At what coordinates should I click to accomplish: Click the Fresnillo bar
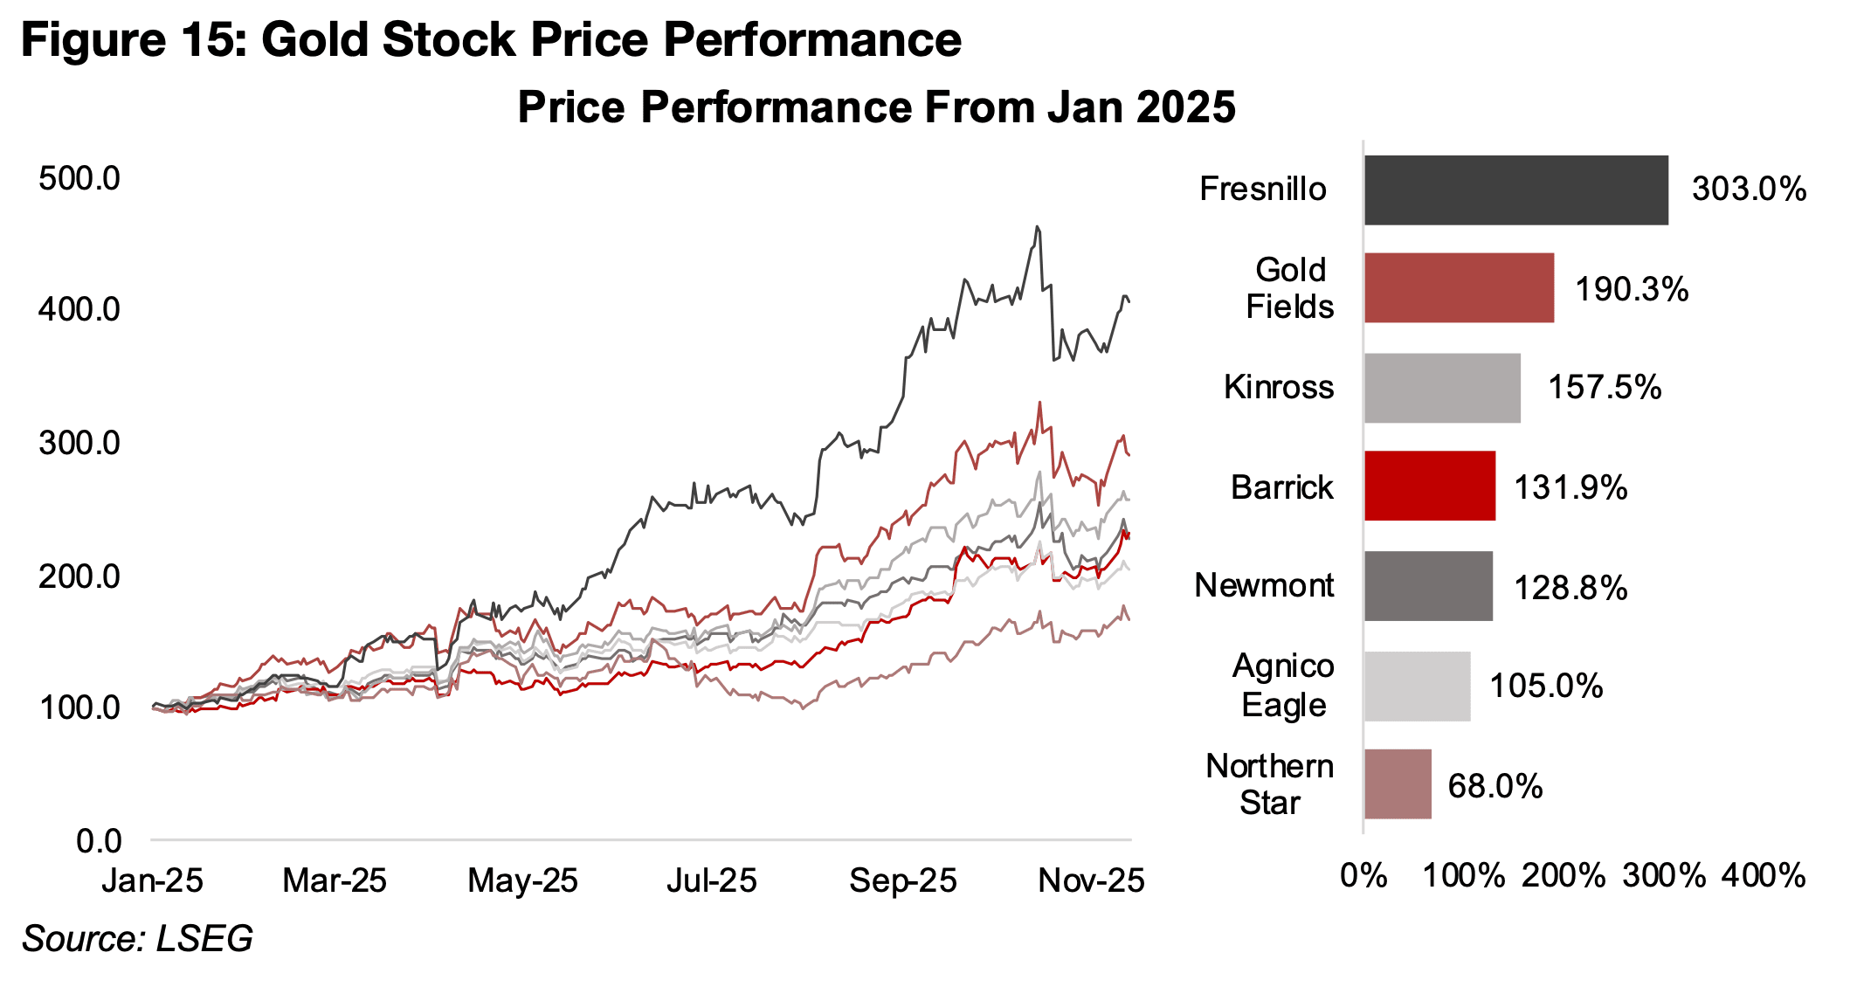(x=1515, y=190)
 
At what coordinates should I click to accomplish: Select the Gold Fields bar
(x=1459, y=288)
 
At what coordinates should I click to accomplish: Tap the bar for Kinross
(x=1442, y=388)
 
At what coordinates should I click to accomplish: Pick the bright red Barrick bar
(x=1429, y=487)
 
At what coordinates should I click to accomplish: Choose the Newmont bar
(x=1428, y=586)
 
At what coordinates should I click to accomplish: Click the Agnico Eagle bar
(x=1417, y=687)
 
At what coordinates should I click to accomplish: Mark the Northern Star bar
(x=1398, y=784)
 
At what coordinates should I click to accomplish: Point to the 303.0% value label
(x=1749, y=190)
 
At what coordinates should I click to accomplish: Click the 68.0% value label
(x=1495, y=786)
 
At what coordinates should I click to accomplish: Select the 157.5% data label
(x=1605, y=388)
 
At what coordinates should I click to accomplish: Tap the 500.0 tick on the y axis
(x=79, y=178)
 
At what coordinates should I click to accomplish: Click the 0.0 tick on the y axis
(x=99, y=841)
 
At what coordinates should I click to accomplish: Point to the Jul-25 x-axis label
(x=711, y=880)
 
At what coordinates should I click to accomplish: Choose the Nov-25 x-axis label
(x=1091, y=880)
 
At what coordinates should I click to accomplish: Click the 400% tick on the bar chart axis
(x=1764, y=875)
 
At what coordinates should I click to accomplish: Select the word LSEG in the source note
(x=204, y=939)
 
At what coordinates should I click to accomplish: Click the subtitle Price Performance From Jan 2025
(x=876, y=107)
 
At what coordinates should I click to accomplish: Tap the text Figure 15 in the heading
(x=134, y=40)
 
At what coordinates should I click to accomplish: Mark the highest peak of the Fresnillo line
(x=1037, y=227)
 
